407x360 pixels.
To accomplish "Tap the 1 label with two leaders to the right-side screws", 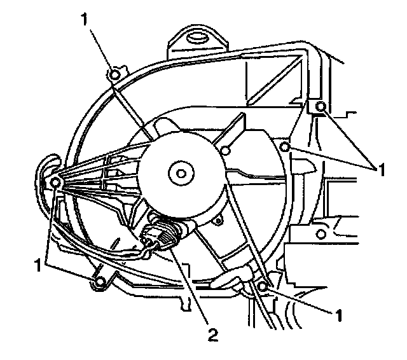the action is pyautogui.click(x=382, y=169).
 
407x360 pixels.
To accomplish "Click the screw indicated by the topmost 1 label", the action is pyautogui.click(x=114, y=75).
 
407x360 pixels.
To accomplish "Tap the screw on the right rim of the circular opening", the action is pyautogui.click(x=286, y=148).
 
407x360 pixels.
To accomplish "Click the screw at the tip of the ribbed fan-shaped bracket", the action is pyautogui.click(x=55, y=183).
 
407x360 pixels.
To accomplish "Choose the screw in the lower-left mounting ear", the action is pyautogui.click(x=99, y=279).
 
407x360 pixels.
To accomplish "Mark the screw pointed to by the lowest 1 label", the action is pyautogui.click(x=262, y=286).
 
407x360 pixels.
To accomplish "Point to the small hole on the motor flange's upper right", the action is pyautogui.click(x=225, y=151).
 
